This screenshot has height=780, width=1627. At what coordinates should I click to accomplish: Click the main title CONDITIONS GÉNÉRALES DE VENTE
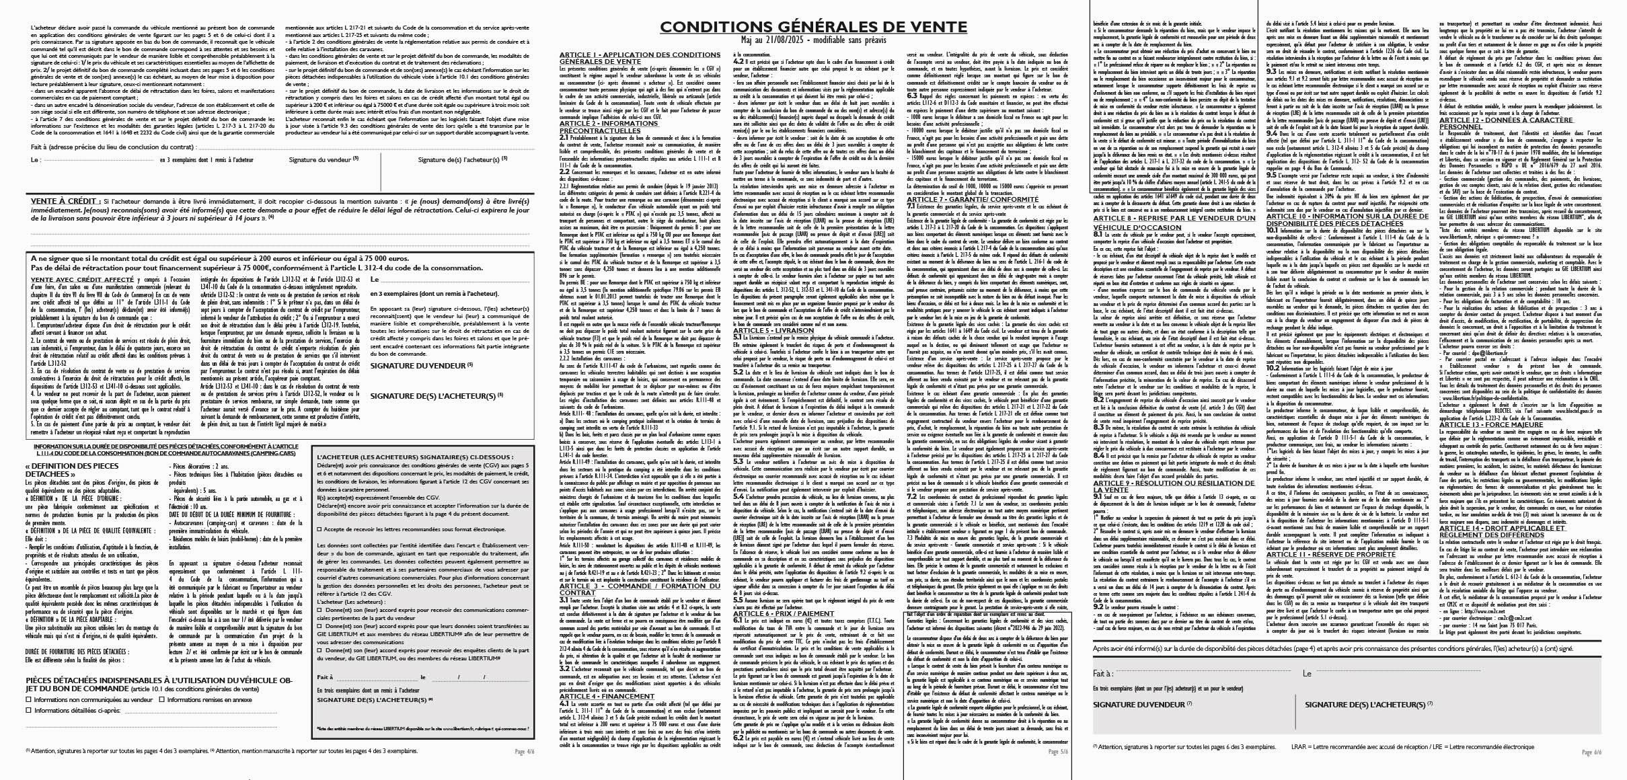[x=813, y=26]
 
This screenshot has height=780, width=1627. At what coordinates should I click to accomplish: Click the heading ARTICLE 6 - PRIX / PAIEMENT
[x=784, y=613]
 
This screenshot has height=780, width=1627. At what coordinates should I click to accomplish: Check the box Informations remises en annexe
[x=162, y=699]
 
